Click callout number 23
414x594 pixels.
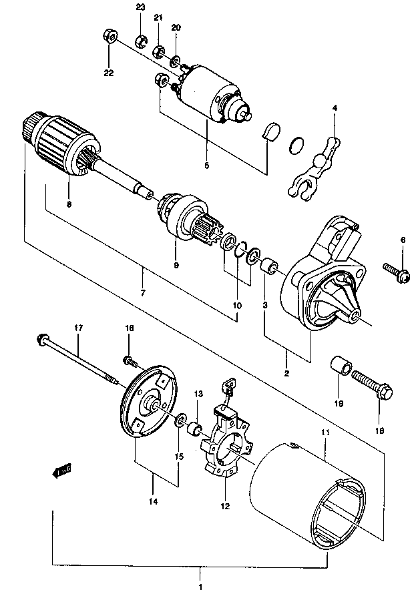coord(140,7)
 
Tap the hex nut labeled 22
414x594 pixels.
coord(110,35)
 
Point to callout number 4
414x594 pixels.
coord(335,108)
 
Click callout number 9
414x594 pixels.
coord(176,266)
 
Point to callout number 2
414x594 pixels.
coord(286,373)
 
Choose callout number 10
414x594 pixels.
coord(237,305)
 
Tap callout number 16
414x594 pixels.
coord(130,328)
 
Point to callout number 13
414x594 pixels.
coord(199,394)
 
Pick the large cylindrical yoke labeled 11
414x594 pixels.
coord(309,497)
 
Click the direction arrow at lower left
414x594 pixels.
coord(61,471)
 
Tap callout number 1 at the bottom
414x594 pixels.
coord(200,587)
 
